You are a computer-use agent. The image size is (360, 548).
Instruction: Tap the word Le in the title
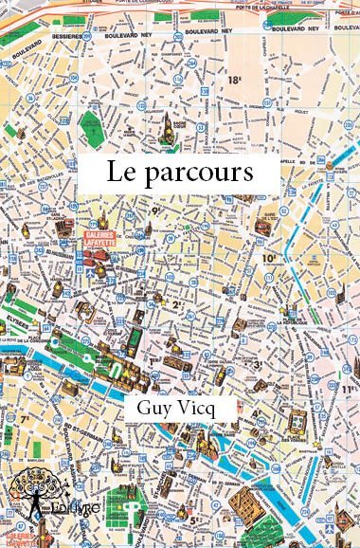[x=118, y=174]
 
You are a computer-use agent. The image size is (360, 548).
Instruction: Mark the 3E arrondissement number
[x=257, y=362]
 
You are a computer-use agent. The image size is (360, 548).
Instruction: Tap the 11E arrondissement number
[x=350, y=388]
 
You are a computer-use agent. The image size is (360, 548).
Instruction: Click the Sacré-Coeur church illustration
[x=174, y=126]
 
